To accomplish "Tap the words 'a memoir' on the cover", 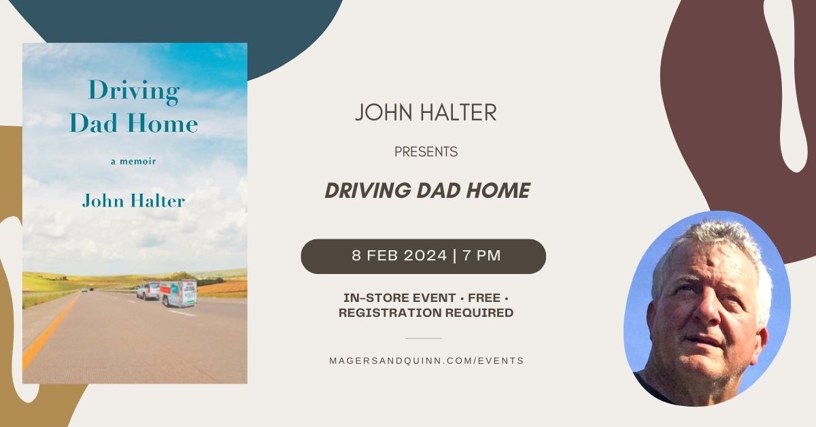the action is coord(133,161).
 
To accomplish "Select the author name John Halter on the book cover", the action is coord(134,201).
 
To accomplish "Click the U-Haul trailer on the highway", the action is coord(178,293).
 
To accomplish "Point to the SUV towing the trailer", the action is coord(148,291).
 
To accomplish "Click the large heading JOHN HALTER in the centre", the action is coord(426,112).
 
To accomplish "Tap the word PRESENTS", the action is coord(426,152).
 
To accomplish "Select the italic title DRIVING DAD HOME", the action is coord(427,190).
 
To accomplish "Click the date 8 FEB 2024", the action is coord(399,256).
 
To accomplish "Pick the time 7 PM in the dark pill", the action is coord(482,256).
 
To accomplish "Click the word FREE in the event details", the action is coord(484,298).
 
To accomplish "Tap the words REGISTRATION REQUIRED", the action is coord(426,313).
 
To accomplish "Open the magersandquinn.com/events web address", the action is coord(426,360).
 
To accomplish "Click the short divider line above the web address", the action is coord(423,338).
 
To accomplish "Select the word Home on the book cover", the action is coord(162,123).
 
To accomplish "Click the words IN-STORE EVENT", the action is coord(400,298).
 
